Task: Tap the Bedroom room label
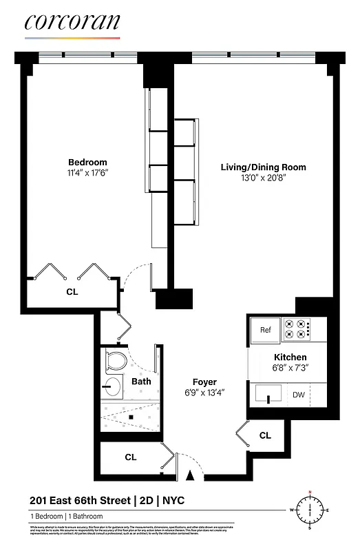pyautogui.click(x=87, y=163)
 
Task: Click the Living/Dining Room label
pyautogui.click(x=263, y=167)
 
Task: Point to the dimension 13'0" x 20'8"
pyautogui.click(x=263, y=178)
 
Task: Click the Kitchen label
pyautogui.click(x=290, y=357)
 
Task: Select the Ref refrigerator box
pyautogui.click(x=266, y=330)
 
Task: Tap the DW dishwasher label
pyautogui.click(x=299, y=395)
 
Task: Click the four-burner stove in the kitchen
pyautogui.click(x=299, y=329)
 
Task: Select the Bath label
pyautogui.click(x=141, y=382)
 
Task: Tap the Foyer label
pyautogui.click(x=204, y=382)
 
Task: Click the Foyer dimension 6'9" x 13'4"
pyautogui.click(x=204, y=393)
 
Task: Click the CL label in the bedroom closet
pyautogui.click(x=72, y=291)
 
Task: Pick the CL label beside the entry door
pyautogui.click(x=130, y=457)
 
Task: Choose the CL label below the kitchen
pyautogui.click(x=265, y=435)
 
